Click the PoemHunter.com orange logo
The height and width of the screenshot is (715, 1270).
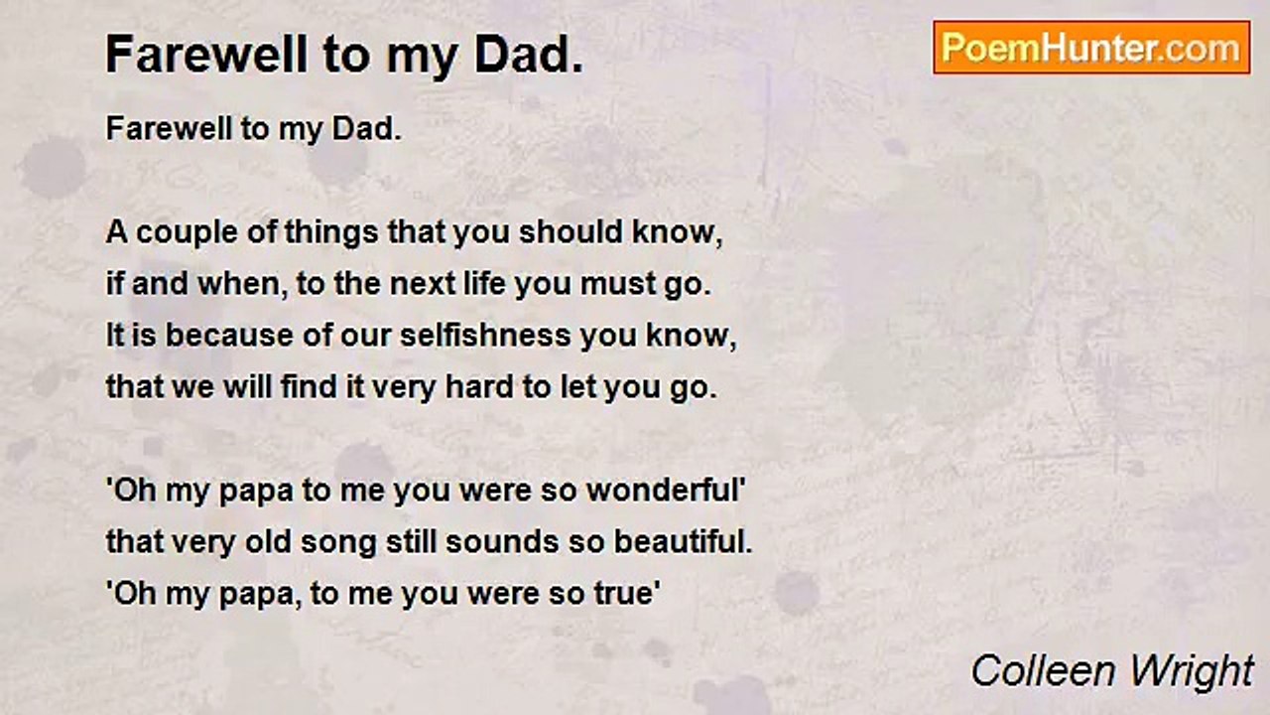(1091, 48)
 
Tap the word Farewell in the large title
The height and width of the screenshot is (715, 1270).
(206, 55)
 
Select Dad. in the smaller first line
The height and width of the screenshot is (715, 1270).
(367, 129)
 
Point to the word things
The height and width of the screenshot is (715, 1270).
(331, 233)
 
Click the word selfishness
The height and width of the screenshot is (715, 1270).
(485, 335)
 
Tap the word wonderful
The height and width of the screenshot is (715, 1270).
(663, 490)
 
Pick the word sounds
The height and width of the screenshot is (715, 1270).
(502, 541)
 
